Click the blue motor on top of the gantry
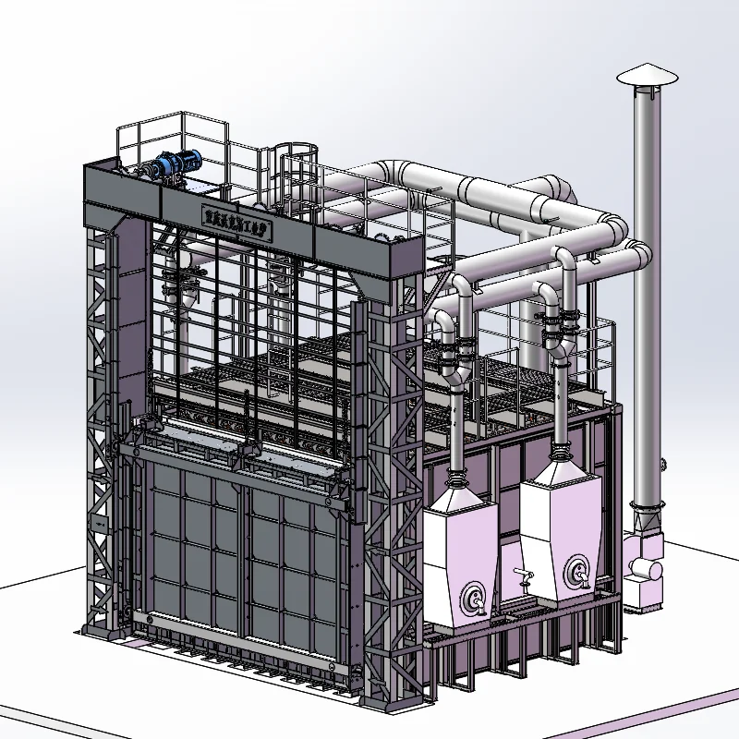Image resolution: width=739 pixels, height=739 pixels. [x=178, y=167]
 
